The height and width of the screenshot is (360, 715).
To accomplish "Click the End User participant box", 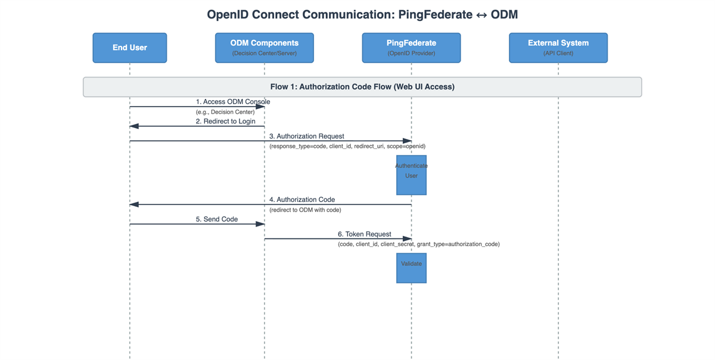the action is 130,48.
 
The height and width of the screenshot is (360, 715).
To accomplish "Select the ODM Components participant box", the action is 265,48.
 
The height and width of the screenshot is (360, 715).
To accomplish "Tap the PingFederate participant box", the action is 411,48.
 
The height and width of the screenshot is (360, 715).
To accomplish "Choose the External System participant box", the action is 558,48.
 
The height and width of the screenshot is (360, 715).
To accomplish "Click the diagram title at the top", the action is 362,15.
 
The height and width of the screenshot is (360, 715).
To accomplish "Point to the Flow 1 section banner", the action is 362,87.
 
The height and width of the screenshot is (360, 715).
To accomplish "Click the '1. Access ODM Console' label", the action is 233,101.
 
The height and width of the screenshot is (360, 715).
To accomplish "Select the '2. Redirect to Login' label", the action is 225,122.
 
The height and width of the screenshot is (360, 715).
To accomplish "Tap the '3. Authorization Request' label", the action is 306,136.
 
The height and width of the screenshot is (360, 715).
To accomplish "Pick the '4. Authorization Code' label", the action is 302,200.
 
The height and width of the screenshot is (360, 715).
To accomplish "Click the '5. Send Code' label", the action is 217,219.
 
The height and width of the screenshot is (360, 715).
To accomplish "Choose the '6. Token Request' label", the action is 364,234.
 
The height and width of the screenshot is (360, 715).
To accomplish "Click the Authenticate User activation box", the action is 411,175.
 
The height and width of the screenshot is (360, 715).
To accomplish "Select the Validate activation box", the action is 411,268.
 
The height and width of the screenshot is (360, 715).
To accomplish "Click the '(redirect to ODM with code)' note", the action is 305,210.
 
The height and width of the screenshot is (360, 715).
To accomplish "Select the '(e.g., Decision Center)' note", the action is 225,112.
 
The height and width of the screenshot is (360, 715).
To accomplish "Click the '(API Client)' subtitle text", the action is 558,54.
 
